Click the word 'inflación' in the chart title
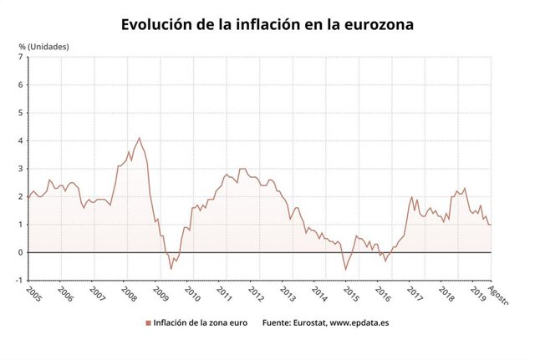pyautogui.click(x=259, y=24)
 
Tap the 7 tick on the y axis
pyautogui.click(x=20, y=57)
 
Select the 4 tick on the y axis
pyautogui.click(x=20, y=140)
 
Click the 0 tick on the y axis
pyautogui.click(x=20, y=252)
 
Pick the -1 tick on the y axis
pyautogui.click(x=18, y=281)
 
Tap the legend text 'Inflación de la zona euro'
pyautogui.click(x=201, y=322)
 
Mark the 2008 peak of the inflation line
pyautogui.click(x=139, y=138)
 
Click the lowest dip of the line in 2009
pyautogui.click(x=171, y=269)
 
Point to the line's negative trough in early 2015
pyautogui.click(x=345, y=269)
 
